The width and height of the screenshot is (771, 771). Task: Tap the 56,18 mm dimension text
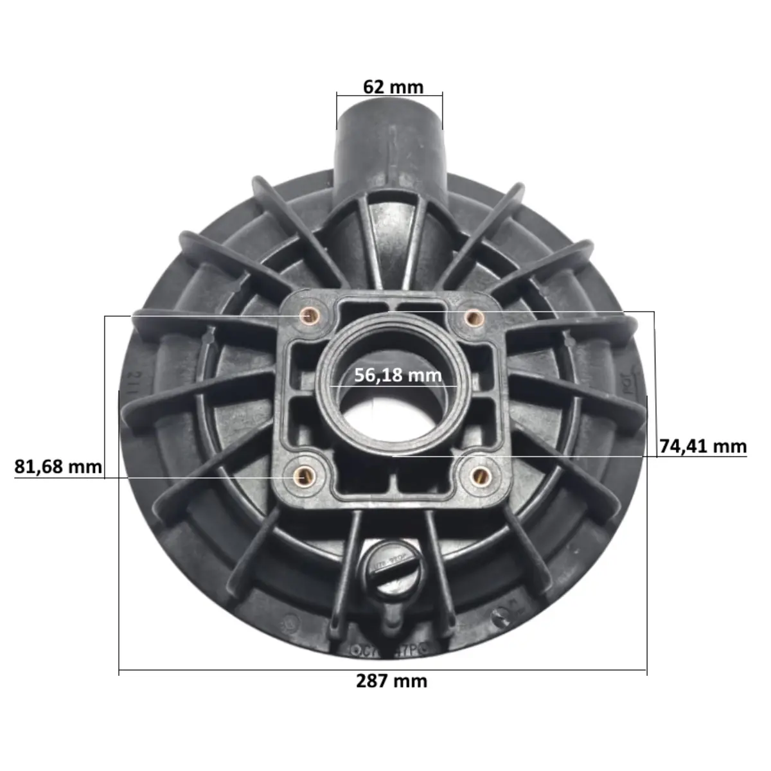tap(398, 375)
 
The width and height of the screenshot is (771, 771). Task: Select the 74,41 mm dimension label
tap(703, 445)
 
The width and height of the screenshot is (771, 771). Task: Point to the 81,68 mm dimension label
tap(58, 466)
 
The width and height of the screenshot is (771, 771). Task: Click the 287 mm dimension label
tap(391, 680)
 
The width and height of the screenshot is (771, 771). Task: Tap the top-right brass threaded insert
tap(474, 315)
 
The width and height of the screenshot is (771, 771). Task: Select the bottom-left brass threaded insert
tap(303, 476)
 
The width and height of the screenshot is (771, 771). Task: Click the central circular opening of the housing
tap(391, 411)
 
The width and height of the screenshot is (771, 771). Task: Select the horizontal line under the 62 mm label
tap(389, 95)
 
